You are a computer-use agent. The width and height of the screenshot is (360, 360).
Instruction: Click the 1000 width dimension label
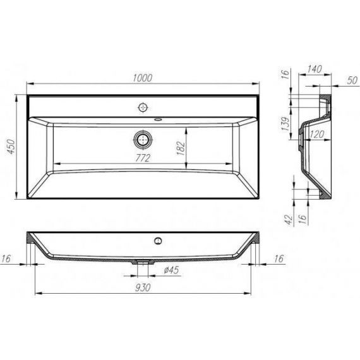(143, 78)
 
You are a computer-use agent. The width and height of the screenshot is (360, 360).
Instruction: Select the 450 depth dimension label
(11, 147)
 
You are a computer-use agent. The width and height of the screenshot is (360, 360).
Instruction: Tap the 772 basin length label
(143, 158)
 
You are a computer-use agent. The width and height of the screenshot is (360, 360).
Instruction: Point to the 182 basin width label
(181, 148)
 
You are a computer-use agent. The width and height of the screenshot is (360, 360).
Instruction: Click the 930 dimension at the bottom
(143, 287)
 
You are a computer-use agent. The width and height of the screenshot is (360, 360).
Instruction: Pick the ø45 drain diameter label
(171, 270)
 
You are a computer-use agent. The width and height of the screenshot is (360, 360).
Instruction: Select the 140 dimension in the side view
(315, 69)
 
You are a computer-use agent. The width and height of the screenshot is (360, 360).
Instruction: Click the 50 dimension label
(352, 80)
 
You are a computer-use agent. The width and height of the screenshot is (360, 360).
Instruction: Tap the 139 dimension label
(286, 124)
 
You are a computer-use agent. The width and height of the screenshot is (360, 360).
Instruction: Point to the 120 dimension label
(317, 135)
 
